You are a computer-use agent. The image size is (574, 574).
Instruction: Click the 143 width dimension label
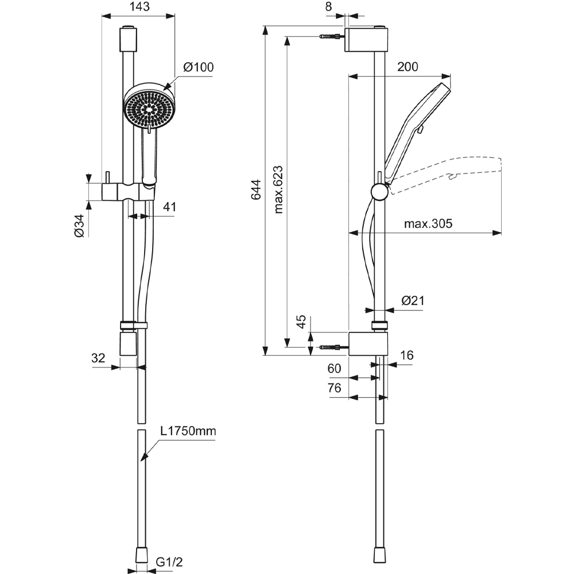tap(138, 7)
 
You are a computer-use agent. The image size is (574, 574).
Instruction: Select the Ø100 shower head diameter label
tap(198, 67)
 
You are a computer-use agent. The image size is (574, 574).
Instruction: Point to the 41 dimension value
tap(169, 207)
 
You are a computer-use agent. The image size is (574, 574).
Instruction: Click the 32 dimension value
tap(98, 358)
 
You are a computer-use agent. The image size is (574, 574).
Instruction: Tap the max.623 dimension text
tap(278, 190)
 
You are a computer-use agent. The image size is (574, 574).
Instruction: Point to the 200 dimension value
tap(408, 67)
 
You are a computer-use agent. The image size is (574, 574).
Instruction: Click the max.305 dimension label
tap(428, 224)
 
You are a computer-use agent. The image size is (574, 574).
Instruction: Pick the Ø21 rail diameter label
tap(412, 300)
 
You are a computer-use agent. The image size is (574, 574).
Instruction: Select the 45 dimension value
tap(301, 323)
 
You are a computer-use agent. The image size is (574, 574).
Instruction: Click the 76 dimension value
tap(334, 388)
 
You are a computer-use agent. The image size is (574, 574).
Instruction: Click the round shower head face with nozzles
tap(149, 107)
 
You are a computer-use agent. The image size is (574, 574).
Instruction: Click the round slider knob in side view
tap(379, 191)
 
